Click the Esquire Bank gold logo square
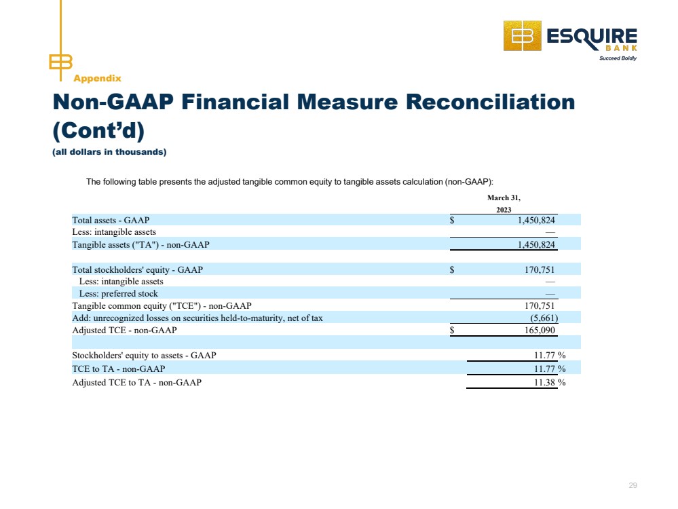point(523,35)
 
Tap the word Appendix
point(97,78)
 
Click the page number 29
point(633,485)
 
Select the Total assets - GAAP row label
point(111,220)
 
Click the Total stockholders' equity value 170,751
point(539,270)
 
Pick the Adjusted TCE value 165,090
point(539,331)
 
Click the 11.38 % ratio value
point(550,382)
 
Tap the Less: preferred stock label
point(119,294)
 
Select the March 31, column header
point(504,197)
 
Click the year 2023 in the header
point(504,210)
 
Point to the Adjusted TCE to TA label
point(136,382)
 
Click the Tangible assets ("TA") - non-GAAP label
point(140,245)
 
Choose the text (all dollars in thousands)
point(109,152)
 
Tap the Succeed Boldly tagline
point(618,58)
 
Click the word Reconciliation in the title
point(490,102)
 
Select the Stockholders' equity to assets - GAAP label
point(144,356)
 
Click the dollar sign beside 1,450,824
point(452,220)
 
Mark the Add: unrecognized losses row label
point(197,318)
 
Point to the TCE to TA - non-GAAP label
point(119,369)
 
